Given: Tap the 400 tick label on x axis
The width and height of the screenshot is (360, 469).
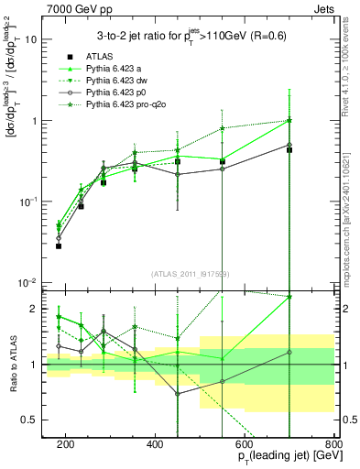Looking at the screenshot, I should click(x=154, y=442).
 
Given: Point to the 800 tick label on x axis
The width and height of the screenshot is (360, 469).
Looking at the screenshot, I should click(x=333, y=442).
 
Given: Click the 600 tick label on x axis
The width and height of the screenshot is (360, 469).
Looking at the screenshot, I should click(x=244, y=442).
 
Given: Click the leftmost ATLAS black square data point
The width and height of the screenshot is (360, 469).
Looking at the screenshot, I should click(x=59, y=245).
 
